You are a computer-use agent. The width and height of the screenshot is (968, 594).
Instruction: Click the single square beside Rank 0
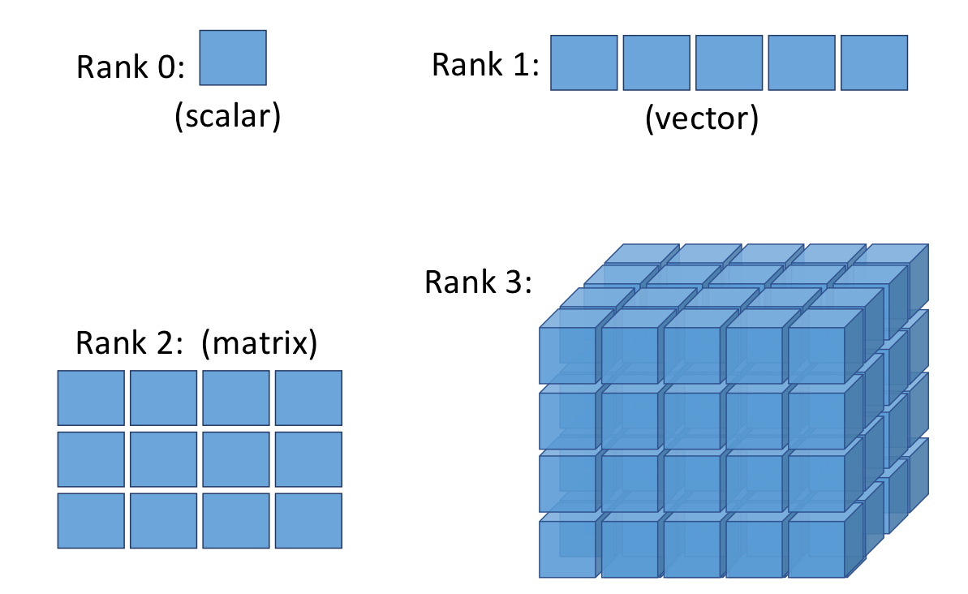pos(233,58)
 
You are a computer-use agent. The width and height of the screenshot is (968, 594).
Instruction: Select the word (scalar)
pos(227,117)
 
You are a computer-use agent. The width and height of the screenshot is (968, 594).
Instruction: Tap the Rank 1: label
pos(485,65)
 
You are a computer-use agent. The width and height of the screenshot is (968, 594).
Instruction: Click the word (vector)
pos(701,119)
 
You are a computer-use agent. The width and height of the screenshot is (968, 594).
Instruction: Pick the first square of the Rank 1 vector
pos(584,62)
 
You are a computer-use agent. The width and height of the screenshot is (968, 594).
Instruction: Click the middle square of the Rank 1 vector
pos(729,62)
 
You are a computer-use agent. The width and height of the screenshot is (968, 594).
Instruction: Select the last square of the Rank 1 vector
pos(874,62)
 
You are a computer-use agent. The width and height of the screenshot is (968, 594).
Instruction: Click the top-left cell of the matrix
pos(91,398)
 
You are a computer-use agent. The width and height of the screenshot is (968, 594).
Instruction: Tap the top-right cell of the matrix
pos(308,398)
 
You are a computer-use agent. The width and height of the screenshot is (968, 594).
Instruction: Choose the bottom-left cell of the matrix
pos(91,520)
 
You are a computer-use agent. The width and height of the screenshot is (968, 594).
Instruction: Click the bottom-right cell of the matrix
pos(308,520)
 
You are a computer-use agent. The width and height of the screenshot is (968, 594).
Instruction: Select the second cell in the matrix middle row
pos(163,459)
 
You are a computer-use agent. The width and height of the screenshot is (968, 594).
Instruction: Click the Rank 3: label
pos(479,282)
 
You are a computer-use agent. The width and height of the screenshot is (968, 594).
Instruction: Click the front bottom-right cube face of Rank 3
pos(816,549)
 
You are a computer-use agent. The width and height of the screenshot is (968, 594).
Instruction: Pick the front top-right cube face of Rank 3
pos(816,356)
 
